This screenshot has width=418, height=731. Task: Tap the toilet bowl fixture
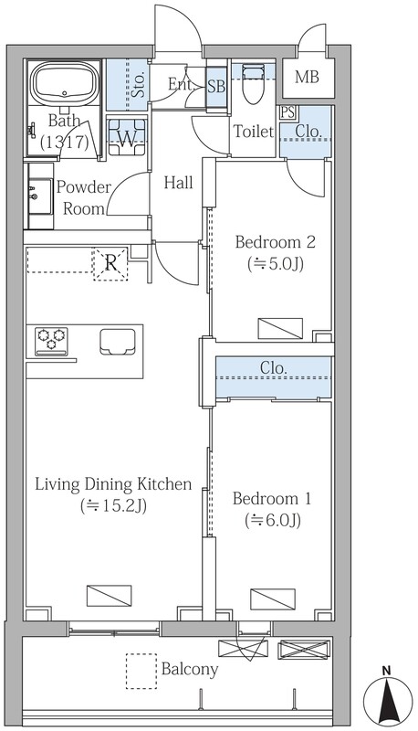pyautogui.click(x=253, y=85)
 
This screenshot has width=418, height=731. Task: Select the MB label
pyautogui.click(x=308, y=77)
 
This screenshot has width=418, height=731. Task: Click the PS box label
pyautogui.click(x=287, y=112)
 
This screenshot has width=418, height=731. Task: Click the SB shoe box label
pyautogui.click(x=216, y=86)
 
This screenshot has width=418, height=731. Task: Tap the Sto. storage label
pyautogui.click(x=138, y=85)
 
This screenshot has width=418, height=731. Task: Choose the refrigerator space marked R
pyautogui.click(x=110, y=263)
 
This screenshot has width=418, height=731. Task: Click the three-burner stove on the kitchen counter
pyautogui.click(x=51, y=341)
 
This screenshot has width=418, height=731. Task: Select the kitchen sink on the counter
pyautogui.click(x=118, y=342)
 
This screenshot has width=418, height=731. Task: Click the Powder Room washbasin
pyautogui.click(x=41, y=196)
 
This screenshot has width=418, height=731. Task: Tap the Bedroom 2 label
pyautogui.click(x=276, y=242)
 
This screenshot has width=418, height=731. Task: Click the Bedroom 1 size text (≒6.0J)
pyautogui.click(x=273, y=520)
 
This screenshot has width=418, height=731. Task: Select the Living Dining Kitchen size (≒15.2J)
pyautogui.click(x=113, y=506)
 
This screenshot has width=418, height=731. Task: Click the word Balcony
pyautogui.click(x=190, y=670)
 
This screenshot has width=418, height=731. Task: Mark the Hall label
pyautogui.click(x=179, y=183)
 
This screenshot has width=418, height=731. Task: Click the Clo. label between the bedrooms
pyautogui.click(x=273, y=368)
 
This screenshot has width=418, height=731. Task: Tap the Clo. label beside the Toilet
pyautogui.click(x=309, y=131)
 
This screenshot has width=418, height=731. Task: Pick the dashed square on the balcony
pyautogui.click(x=141, y=671)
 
